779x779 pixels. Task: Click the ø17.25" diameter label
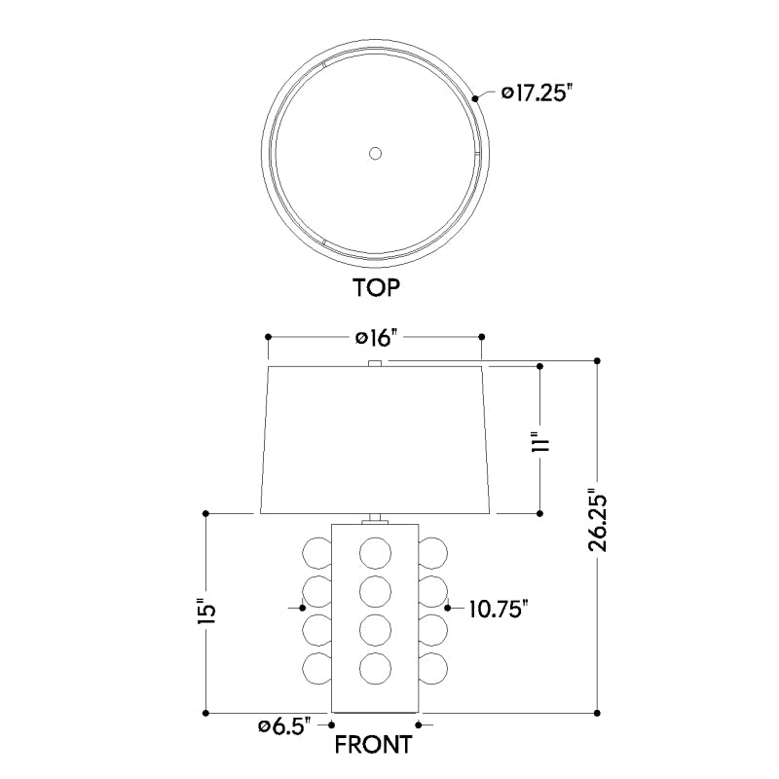(534, 93)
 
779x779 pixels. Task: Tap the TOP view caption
(376, 287)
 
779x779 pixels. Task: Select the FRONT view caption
(374, 744)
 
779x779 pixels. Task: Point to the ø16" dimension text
(377, 338)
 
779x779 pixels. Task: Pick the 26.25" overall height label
(598, 523)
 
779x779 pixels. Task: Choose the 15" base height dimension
(206, 612)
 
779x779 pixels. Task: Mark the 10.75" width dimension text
(498, 609)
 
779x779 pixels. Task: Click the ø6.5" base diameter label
(284, 726)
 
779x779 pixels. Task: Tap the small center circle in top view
(375, 154)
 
